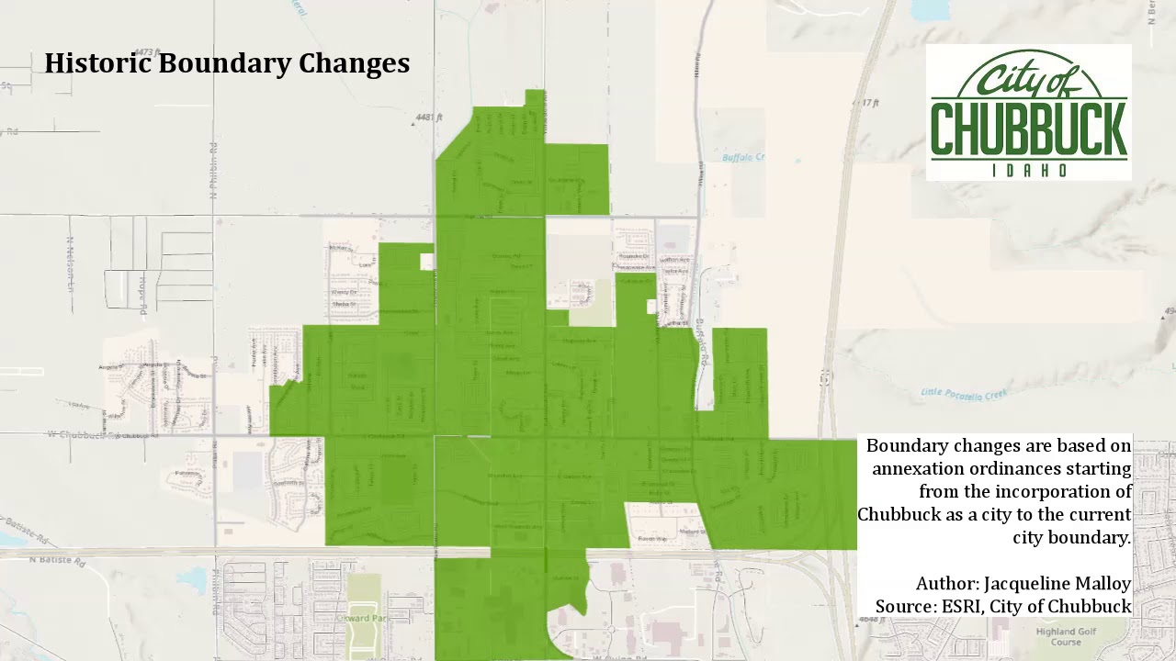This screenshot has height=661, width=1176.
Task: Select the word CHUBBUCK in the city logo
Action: [x=1028, y=130]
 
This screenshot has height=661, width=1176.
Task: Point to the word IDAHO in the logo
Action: [x=1029, y=171]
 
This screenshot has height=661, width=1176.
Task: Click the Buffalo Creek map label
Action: [x=742, y=158]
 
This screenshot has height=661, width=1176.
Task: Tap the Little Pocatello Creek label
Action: [x=964, y=394]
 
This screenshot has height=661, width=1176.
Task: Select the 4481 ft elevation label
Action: [x=428, y=118]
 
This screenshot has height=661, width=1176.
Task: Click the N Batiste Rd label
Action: [x=57, y=559]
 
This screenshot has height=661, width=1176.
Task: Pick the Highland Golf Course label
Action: [x=1066, y=636]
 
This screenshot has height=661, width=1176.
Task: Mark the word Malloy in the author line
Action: [x=1106, y=583]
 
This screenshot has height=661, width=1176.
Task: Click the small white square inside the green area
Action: [x=426, y=262]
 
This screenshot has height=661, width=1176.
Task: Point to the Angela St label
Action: [x=111, y=366]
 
